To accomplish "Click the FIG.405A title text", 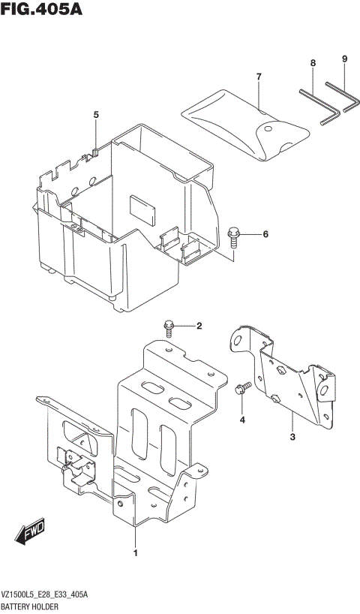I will click(41, 10).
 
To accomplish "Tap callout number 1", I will click(135, 554).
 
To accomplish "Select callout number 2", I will click(199, 326).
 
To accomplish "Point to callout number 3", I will click(292, 436).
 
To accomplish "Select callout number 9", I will click(344, 59).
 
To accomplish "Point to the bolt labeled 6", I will click(233, 237).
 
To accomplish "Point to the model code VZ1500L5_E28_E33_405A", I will click(45, 594).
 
